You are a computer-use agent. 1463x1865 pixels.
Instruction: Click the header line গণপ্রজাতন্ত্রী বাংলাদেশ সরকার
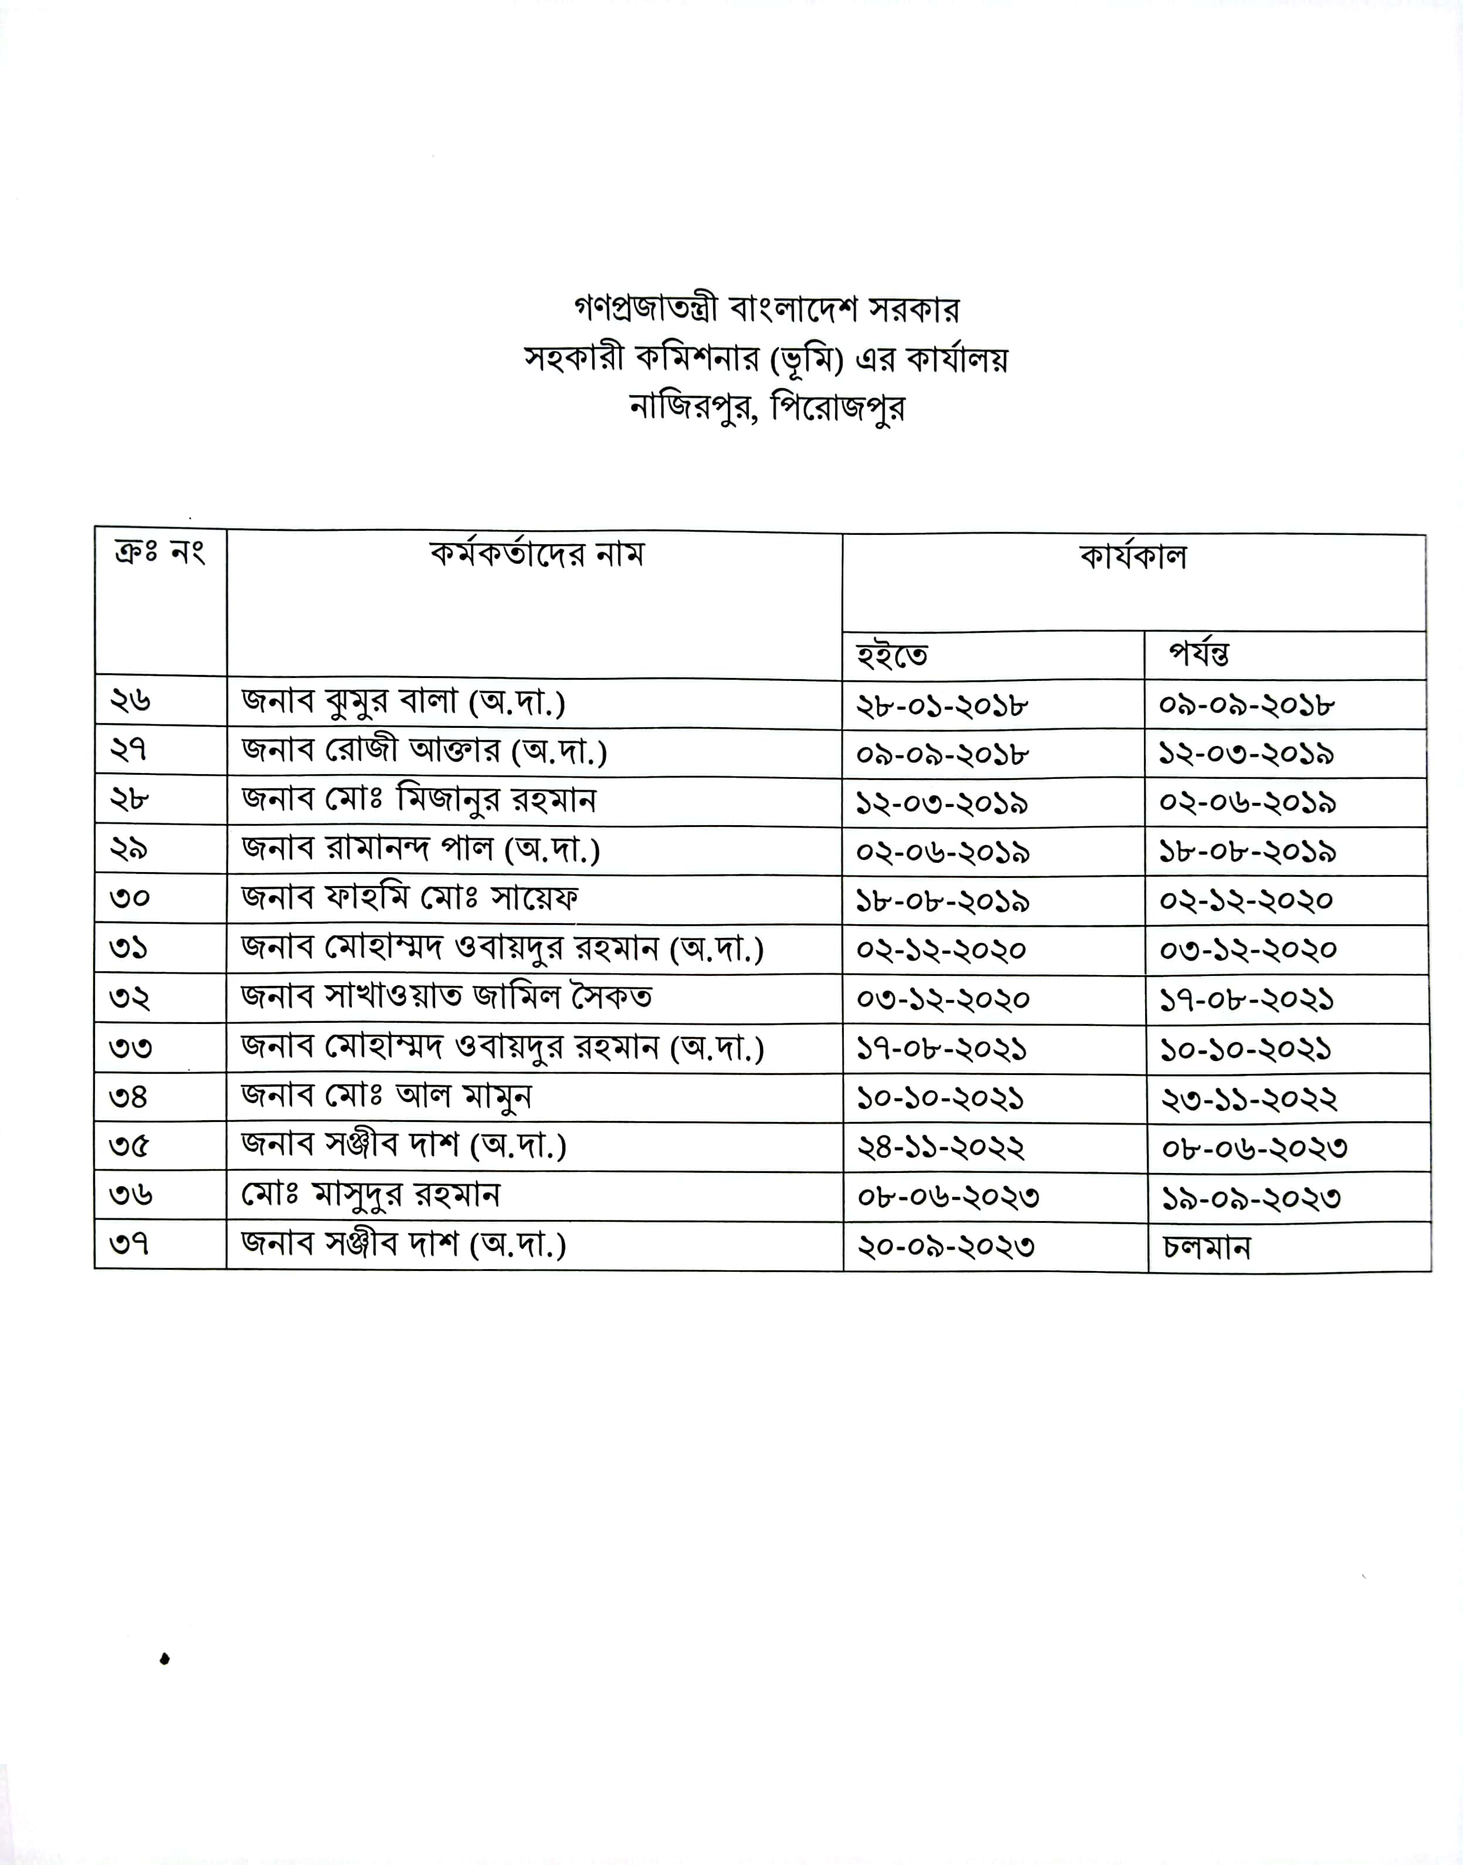pyautogui.click(x=766, y=309)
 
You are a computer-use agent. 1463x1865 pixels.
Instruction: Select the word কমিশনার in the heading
pyautogui.click(x=695, y=359)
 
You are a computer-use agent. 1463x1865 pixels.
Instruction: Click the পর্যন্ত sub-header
pyautogui.click(x=1200, y=655)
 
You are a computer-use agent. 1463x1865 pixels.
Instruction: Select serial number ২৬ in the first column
pyautogui.click(x=130, y=701)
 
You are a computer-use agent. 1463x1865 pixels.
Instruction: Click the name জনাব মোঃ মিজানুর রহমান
pyautogui.click(x=418, y=800)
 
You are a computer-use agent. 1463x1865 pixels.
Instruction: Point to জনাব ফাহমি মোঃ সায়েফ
pyautogui.click(x=409, y=898)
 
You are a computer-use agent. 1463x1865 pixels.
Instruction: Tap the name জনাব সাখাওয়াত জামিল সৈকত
pyautogui.click(x=446, y=997)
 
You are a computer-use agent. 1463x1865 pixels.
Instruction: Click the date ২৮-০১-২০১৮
pyautogui.click(x=942, y=706)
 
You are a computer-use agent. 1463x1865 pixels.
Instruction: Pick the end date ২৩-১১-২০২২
pyautogui.click(x=1248, y=1099)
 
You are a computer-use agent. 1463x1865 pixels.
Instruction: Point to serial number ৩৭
pyautogui.click(x=130, y=1244)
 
